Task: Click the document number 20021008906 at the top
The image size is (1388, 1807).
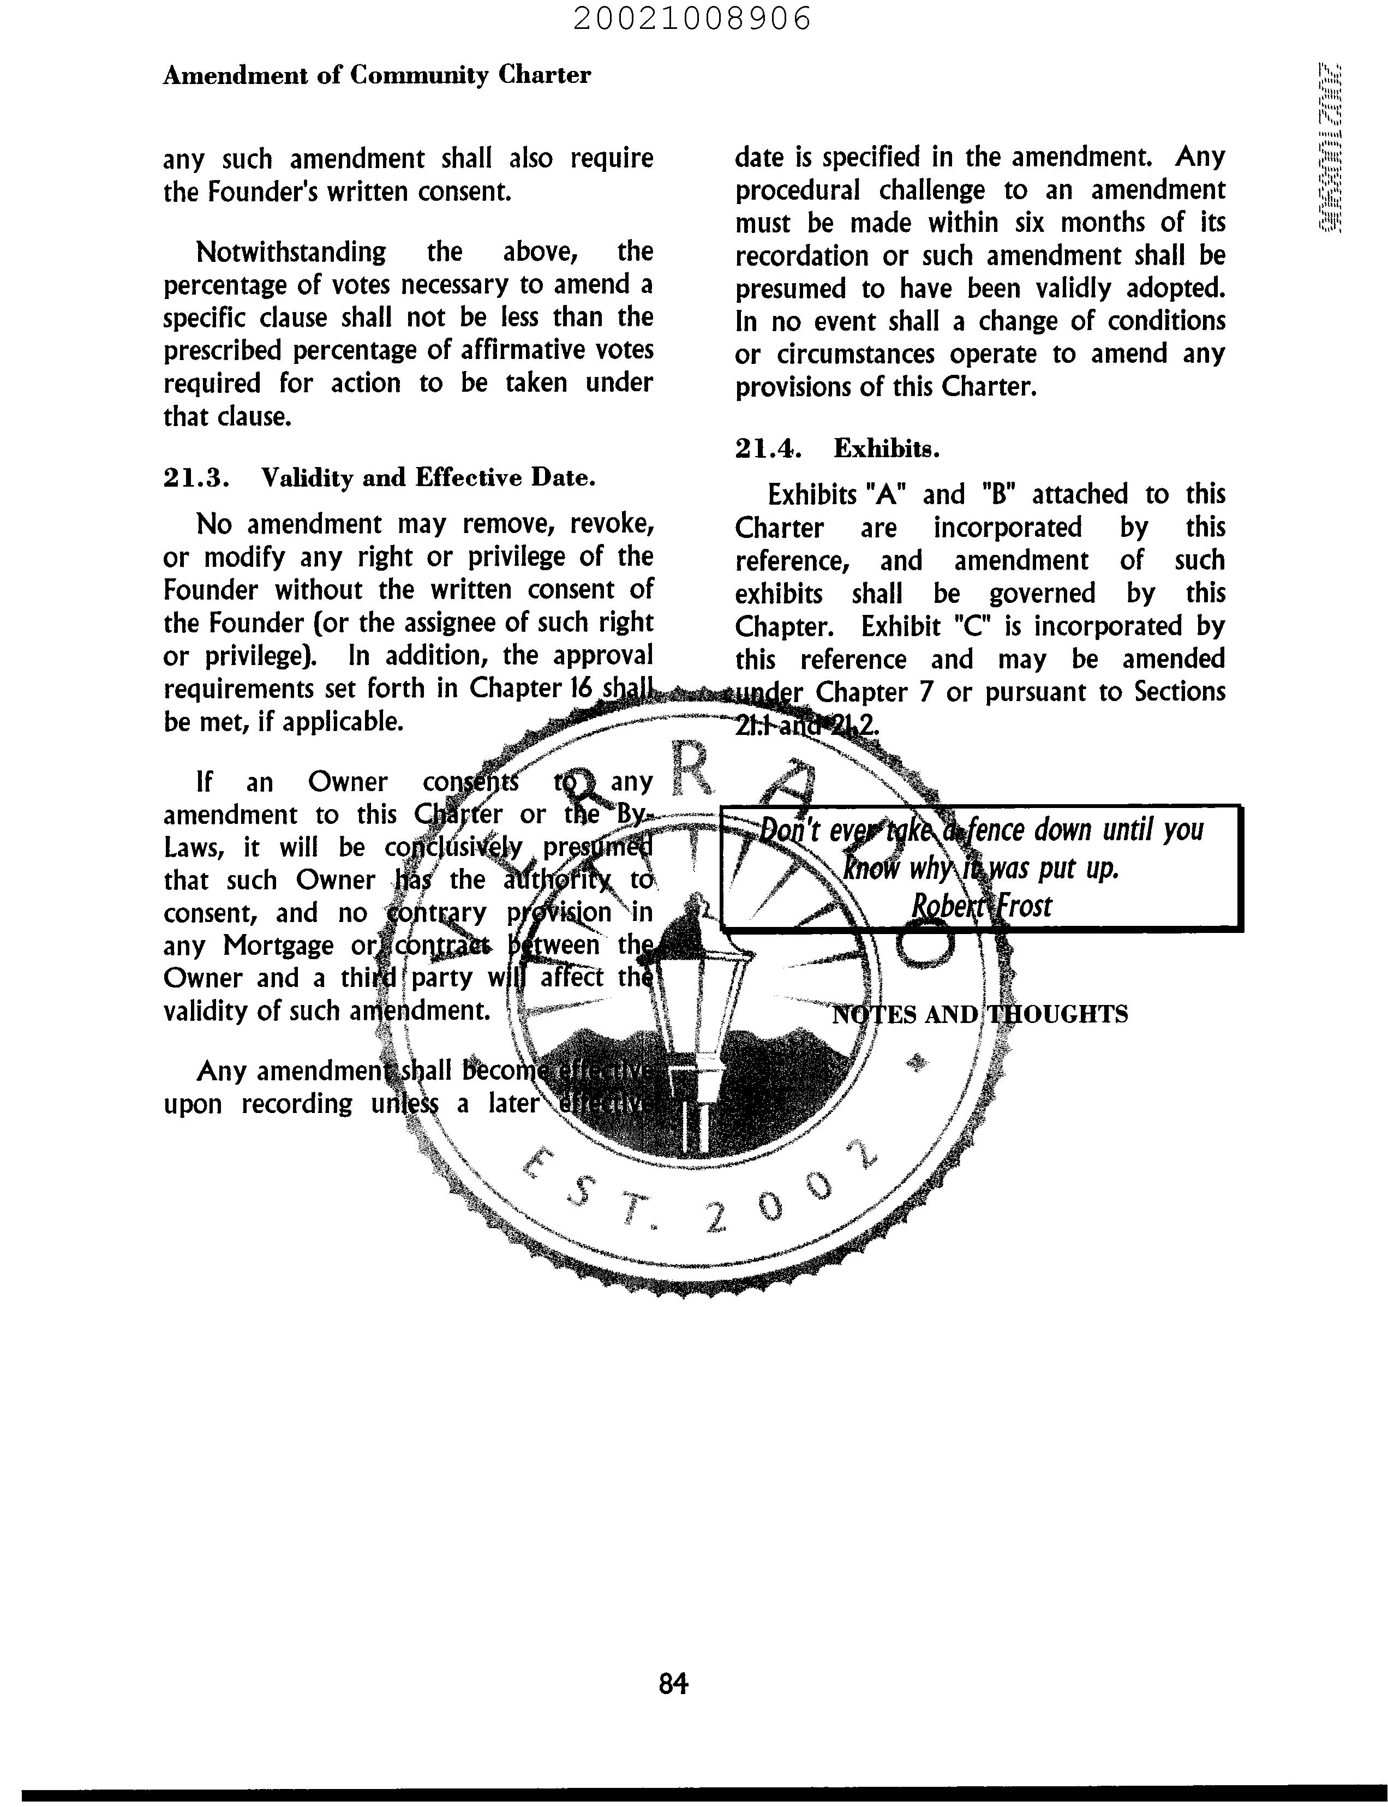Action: click(692, 18)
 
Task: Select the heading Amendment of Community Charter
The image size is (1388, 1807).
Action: click(377, 75)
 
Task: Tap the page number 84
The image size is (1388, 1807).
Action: click(673, 1683)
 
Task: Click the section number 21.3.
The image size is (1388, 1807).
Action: click(196, 477)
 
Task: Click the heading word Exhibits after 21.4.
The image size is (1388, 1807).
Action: click(887, 448)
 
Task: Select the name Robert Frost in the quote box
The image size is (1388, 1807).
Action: click(982, 906)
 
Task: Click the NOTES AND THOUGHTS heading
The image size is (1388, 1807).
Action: click(979, 1014)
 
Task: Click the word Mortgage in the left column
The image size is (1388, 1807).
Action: click(278, 945)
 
